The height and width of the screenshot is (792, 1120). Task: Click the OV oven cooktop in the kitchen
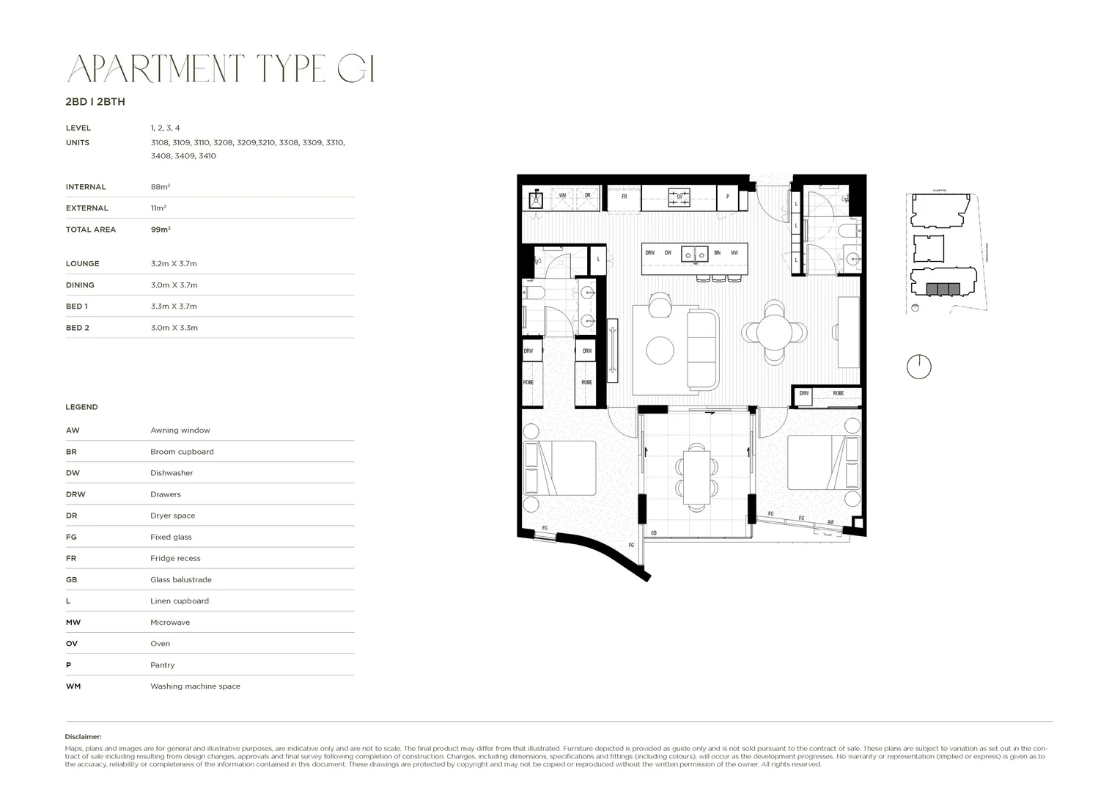click(679, 196)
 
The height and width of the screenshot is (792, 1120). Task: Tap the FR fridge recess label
click(624, 197)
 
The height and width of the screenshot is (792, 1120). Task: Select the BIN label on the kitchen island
click(717, 253)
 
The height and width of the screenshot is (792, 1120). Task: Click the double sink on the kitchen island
click(694, 254)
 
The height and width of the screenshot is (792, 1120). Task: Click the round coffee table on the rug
click(660, 350)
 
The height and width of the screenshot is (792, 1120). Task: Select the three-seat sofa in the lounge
click(702, 348)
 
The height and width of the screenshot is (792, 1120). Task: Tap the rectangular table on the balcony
click(696, 476)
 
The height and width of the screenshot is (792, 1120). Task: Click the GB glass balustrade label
click(652, 533)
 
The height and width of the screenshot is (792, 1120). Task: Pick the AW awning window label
click(830, 522)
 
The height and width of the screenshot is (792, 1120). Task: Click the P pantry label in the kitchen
click(727, 197)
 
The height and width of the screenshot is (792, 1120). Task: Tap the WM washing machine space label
click(562, 196)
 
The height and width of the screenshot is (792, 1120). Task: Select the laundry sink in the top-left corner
click(537, 198)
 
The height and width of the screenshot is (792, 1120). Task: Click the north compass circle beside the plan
click(918, 366)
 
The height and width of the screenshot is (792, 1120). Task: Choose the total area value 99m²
click(161, 230)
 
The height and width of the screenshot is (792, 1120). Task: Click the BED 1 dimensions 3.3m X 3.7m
click(174, 307)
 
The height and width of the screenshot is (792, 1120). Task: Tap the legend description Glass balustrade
click(180, 579)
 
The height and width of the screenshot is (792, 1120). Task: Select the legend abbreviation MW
click(73, 623)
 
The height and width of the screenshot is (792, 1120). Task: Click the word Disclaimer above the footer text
click(83, 737)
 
